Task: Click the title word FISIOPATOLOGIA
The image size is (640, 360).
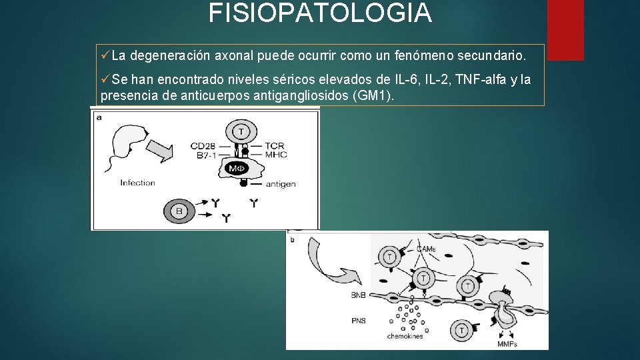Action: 320,13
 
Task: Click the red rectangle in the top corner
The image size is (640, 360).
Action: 565,30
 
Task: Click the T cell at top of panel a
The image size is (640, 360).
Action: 241,131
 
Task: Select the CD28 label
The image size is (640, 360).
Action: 203,146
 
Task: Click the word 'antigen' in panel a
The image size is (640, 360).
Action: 281,184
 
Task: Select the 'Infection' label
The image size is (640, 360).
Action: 137,183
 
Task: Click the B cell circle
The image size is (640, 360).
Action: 179,211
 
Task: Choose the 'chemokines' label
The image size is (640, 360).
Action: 405,337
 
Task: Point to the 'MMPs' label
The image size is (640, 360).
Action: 507,344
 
